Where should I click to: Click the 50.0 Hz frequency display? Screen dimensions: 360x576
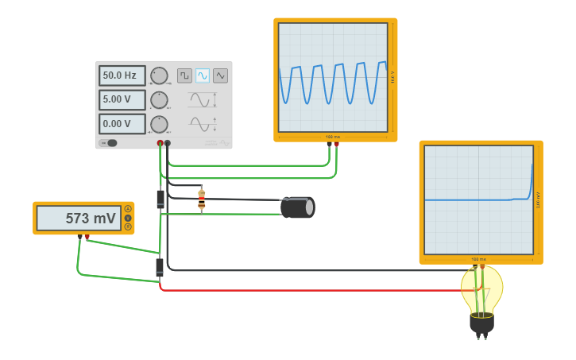click(x=122, y=75)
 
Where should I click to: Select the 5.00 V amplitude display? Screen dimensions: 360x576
click(x=122, y=100)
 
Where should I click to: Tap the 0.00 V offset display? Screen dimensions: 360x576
click(x=122, y=124)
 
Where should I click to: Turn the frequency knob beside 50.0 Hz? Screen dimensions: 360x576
click(x=159, y=75)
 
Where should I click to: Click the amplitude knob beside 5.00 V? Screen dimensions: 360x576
click(x=159, y=100)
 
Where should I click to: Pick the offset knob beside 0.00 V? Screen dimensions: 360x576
click(x=159, y=124)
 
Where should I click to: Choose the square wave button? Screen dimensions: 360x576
click(x=184, y=75)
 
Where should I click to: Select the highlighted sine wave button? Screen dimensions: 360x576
click(x=203, y=75)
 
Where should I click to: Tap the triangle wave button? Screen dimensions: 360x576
click(x=220, y=75)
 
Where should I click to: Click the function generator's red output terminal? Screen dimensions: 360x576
click(x=160, y=143)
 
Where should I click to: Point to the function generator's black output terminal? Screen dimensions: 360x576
click(x=167, y=143)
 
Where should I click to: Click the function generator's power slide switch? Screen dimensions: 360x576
click(x=109, y=143)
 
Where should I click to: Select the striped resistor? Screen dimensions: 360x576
click(x=202, y=199)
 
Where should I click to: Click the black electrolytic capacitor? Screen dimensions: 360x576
click(x=298, y=207)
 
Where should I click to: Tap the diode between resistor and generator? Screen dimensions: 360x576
click(x=160, y=199)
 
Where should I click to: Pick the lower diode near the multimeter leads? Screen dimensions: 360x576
click(x=160, y=267)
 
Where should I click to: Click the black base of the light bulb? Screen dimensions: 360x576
click(x=481, y=323)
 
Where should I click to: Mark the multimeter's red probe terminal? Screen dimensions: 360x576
click(x=87, y=237)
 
